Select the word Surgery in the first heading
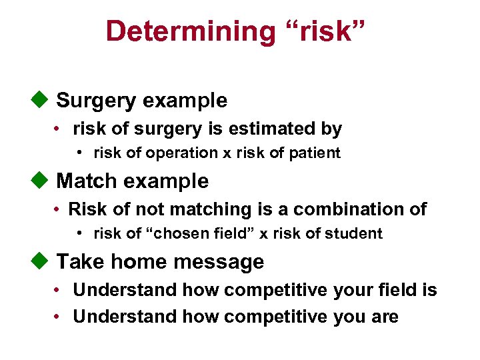(93, 101)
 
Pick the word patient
(314, 153)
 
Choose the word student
(357, 233)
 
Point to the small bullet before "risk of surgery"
(59, 129)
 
